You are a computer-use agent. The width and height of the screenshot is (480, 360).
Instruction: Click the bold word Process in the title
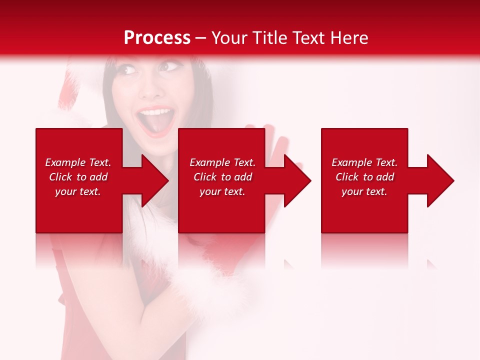(x=157, y=38)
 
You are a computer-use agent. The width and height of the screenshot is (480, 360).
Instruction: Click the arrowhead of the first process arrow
(x=155, y=180)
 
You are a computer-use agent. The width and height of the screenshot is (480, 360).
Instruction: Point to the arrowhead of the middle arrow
(x=298, y=180)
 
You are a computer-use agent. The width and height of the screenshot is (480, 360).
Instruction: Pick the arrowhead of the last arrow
(x=441, y=180)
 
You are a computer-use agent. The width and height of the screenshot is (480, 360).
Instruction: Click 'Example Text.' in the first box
(x=78, y=162)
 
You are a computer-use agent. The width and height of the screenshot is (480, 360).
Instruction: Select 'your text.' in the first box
(x=78, y=191)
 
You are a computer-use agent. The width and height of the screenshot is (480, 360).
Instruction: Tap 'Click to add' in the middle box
(x=222, y=177)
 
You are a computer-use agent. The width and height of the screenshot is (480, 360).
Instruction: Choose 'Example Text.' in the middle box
(x=222, y=162)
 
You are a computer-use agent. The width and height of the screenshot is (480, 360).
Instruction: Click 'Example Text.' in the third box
(x=364, y=162)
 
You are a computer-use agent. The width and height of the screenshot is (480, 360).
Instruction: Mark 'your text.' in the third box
(x=364, y=191)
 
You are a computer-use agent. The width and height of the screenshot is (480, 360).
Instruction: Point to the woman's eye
(x=129, y=70)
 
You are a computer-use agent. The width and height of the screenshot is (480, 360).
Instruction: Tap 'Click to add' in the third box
(x=364, y=177)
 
